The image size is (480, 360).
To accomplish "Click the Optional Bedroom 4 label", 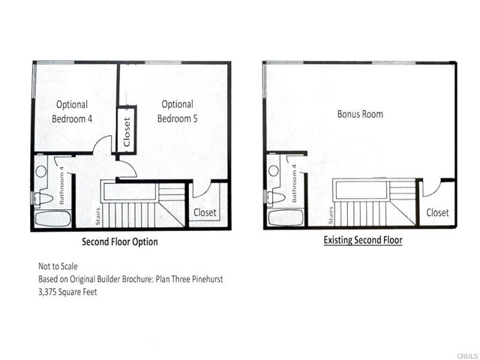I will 70,112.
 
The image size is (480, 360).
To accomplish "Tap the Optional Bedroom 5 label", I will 177,112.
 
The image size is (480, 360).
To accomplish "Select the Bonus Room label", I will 359,114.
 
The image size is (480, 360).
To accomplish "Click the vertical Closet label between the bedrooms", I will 126,132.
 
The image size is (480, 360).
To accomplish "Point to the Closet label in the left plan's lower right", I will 205,212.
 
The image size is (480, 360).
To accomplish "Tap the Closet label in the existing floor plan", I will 438,212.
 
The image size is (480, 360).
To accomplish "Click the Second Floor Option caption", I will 119,242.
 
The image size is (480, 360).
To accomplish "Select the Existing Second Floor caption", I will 363,241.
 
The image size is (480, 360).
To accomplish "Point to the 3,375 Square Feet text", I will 67,292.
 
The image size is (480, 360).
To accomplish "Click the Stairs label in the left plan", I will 97,216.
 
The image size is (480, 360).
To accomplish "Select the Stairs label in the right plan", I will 331,216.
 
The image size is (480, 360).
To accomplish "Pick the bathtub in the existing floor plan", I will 283,218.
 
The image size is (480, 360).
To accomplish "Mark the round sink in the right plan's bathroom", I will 273,170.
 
